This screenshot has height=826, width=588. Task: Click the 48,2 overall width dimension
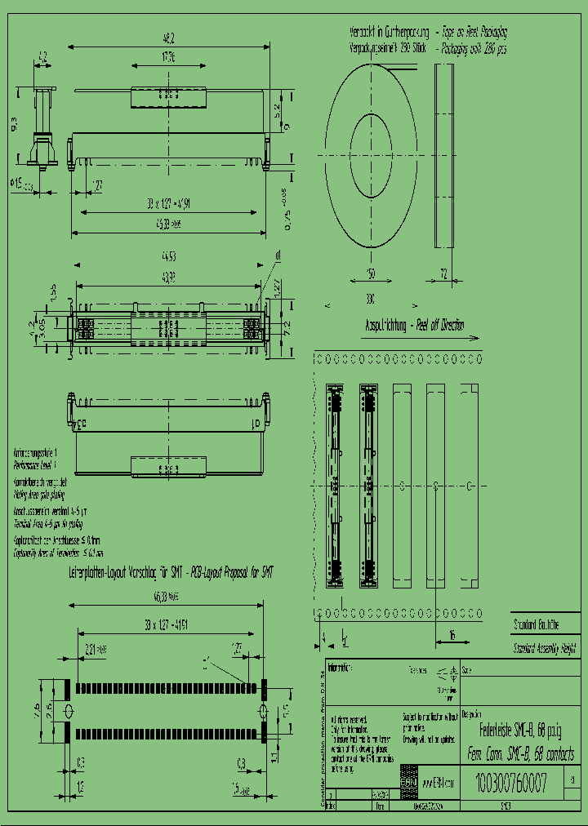click(x=169, y=38)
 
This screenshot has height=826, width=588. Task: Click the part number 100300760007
click(x=509, y=784)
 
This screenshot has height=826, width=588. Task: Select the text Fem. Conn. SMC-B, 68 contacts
click(x=519, y=753)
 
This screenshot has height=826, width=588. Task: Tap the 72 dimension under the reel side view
click(x=444, y=273)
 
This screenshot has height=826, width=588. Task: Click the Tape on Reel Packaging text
click(x=474, y=33)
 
